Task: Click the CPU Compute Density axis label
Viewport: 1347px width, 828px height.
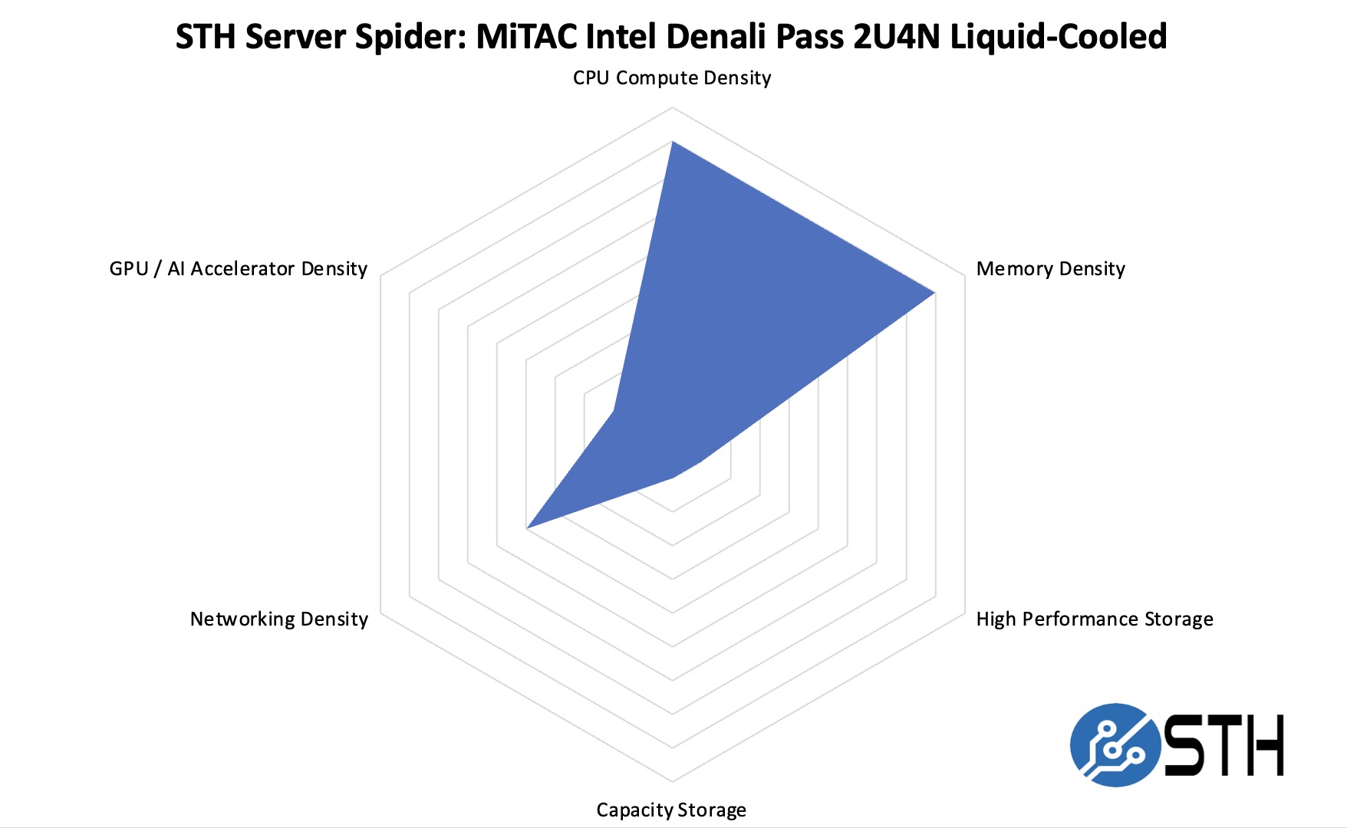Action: coord(671,78)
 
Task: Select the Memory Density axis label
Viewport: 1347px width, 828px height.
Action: coord(1050,269)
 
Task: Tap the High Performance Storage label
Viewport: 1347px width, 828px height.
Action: coord(1094,619)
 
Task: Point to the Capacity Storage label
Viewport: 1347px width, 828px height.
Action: coord(671,810)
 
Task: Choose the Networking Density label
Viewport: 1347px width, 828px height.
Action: coord(279,619)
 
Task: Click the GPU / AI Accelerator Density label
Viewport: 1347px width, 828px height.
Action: coord(239,269)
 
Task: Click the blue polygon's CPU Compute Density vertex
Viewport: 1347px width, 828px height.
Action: coord(672,142)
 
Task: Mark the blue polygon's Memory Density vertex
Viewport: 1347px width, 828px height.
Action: coord(934,293)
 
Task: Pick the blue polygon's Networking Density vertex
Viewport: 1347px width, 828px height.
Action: coord(527,528)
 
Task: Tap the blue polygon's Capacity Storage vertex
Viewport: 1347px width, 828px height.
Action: coord(673,478)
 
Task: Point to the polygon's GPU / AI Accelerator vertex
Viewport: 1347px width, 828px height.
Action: coord(614,412)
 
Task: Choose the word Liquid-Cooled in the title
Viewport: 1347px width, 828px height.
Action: coord(1059,37)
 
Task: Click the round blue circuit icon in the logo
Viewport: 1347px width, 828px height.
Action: coord(1115,744)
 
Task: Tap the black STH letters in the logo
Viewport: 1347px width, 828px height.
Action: coord(1223,745)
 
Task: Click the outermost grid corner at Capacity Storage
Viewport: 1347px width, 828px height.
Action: coord(673,781)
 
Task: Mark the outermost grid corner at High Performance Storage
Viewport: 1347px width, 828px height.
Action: coord(964,613)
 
